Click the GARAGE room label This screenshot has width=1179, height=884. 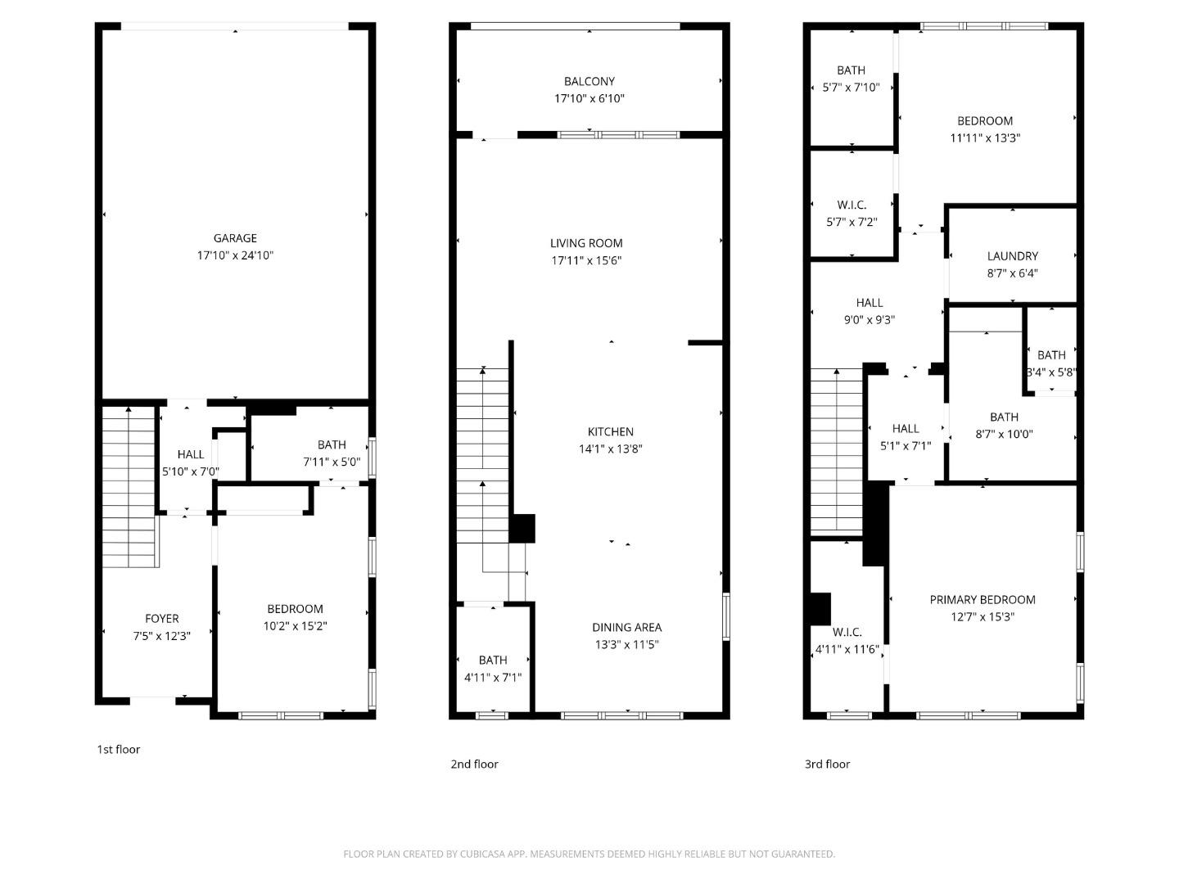(x=235, y=238)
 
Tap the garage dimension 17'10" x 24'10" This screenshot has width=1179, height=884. (x=235, y=255)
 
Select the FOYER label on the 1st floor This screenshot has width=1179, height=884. (x=161, y=619)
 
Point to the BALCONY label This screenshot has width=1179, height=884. (x=589, y=81)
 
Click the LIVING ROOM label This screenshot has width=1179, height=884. (x=586, y=243)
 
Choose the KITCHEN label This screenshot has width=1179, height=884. (x=610, y=431)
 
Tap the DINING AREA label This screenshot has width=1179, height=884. (x=626, y=627)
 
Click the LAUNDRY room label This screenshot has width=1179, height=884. (x=1012, y=256)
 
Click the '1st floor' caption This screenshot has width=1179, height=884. (x=119, y=749)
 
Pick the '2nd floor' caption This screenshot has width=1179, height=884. (x=474, y=764)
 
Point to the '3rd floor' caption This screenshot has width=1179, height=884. (x=827, y=764)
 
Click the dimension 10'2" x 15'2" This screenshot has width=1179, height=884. (x=295, y=626)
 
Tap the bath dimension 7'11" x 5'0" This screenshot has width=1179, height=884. (x=331, y=462)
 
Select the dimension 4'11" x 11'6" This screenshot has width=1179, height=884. (x=847, y=650)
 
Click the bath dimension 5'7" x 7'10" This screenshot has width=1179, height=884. (x=851, y=88)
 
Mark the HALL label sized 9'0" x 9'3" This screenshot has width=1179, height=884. (x=869, y=303)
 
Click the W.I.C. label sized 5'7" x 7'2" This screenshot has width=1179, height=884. (x=851, y=205)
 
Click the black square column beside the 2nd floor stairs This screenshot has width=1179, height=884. (x=522, y=528)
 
